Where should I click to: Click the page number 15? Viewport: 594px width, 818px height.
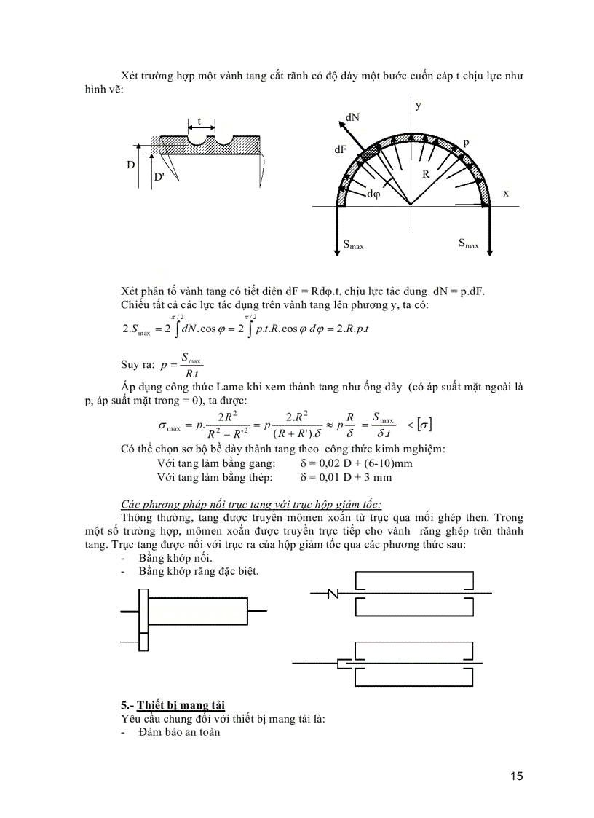point(516,776)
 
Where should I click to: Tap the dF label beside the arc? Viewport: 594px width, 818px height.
point(341,149)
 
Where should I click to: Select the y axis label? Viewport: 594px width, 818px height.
point(419,106)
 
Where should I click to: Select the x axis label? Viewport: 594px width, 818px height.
point(505,193)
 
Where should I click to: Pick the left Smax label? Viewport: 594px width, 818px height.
point(353,245)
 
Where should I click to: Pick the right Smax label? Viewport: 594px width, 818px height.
point(468,243)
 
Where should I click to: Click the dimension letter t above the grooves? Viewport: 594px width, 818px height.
point(199,122)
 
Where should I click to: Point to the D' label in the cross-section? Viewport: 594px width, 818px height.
point(159,177)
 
